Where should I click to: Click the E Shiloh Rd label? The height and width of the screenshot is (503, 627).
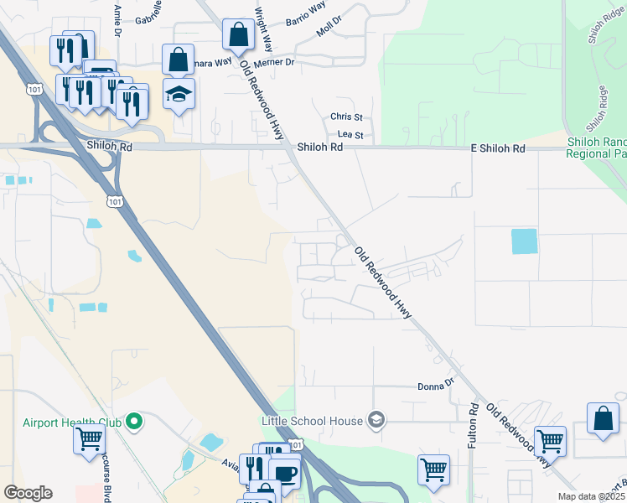coord(497,148)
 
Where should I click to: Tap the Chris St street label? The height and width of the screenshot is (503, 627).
coord(346,117)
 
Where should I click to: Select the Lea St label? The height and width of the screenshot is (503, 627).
coord(350,134)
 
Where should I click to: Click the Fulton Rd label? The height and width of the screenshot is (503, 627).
coord(474,424)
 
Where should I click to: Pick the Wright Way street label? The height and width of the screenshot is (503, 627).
coord(263,30)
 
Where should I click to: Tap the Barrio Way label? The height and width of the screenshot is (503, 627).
coord(305,13)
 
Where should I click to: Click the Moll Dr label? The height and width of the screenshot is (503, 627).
coord(329,25)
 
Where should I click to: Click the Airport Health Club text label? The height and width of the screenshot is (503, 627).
coord(72,423)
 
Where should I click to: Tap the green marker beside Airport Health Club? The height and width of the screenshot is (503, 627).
coord(133,423)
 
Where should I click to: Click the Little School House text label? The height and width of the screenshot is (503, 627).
coord(311,421)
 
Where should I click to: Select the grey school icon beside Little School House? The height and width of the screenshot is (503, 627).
coord(376,421)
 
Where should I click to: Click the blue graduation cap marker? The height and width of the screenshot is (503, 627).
coord(179,93)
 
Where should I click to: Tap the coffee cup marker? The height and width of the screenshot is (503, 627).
coord(286,473)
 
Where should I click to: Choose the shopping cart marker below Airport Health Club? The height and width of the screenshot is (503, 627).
coord(89,438)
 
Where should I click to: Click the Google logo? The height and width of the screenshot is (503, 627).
coord(28,493)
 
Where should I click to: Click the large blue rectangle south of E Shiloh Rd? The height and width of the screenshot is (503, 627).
coord(525,241)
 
